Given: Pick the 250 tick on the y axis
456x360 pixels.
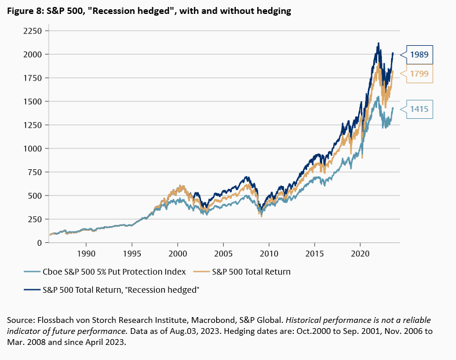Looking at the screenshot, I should pyautogui.click(x=34, y=219).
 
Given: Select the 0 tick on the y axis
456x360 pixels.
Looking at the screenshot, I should pyautogui.click(x=39, y=243).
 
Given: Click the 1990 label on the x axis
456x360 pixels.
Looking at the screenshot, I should pyautogui.click(x=86, y=253).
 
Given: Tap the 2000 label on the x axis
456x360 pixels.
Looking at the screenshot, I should pyautogui.click(x=177, y=253).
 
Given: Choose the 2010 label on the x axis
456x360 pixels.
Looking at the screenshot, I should pyautogui.click(x=269, y=253).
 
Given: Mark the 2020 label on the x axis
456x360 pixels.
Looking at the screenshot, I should pyautogui.click(x=360, y=253).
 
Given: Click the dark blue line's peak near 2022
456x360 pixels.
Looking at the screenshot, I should pyautogui.click(x=378, y=43).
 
